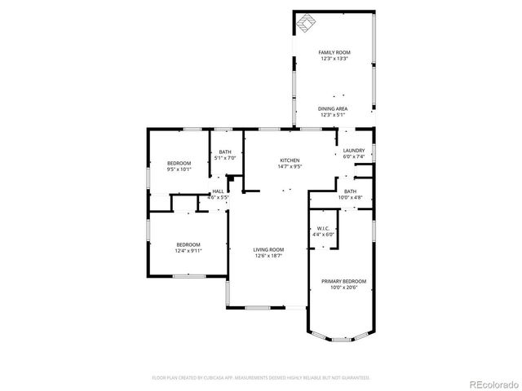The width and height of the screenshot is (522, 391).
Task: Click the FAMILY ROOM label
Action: [334, 52]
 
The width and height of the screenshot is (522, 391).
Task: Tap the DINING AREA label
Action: [334, 108]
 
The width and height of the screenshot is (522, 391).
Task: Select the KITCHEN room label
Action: [290, 160]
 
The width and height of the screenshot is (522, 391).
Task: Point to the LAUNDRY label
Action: [353, 150]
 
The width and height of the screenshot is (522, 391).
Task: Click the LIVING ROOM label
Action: [268, 249]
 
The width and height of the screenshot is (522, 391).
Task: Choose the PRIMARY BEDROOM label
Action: [348, 281]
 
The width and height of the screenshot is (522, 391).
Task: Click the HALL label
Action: [218, 191]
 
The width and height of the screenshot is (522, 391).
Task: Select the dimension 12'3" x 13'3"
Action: [334, 59]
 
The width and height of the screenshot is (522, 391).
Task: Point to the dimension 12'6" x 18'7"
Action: [268, 256]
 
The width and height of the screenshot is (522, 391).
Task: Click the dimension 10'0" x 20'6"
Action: [348, 288]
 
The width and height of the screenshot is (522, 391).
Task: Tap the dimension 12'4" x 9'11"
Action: [188, 251]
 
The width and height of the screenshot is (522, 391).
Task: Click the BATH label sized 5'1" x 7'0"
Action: [224, 152]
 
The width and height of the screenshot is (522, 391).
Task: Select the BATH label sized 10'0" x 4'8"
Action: [349, 191]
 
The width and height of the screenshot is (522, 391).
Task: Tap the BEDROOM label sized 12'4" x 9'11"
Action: [188, 244]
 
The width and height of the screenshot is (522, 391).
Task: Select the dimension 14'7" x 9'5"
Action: [290, 167]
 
